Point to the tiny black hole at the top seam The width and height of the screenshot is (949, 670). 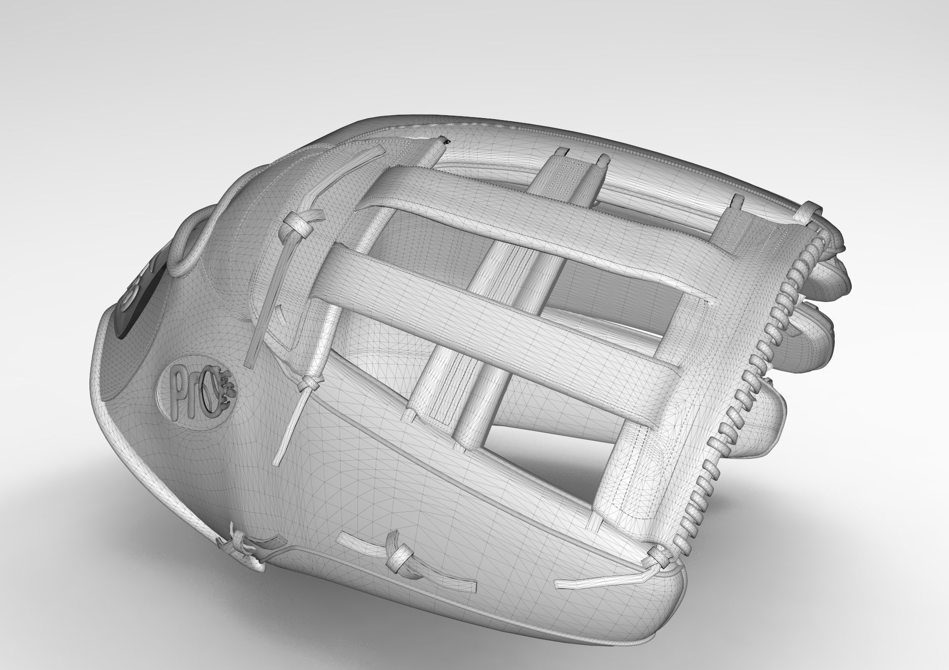click(x=447, y=142)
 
